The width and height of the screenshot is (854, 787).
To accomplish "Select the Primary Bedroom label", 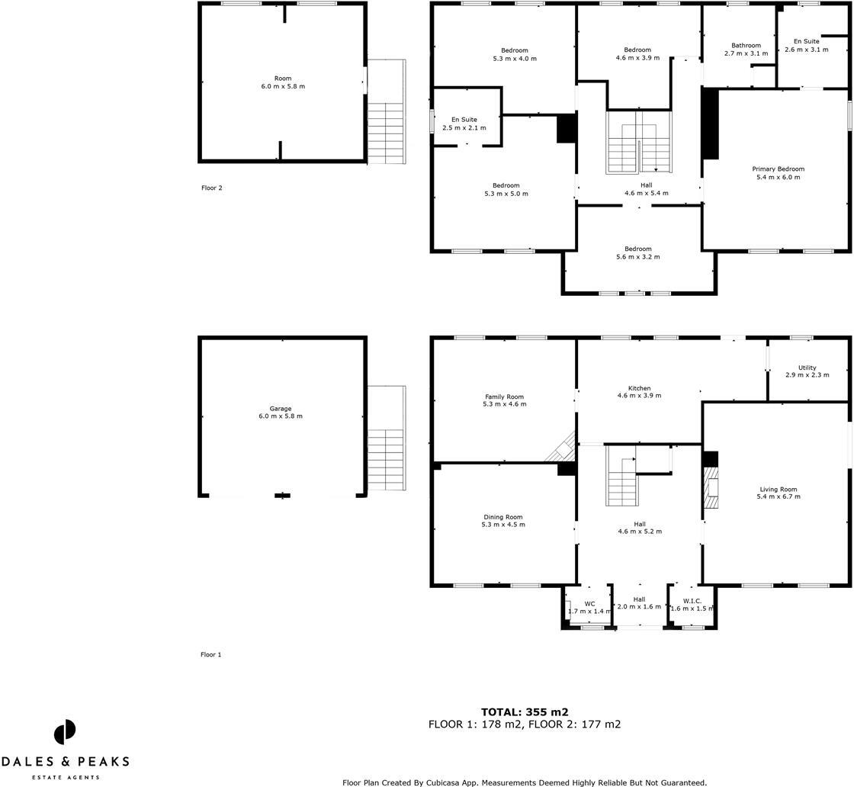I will point(778,169).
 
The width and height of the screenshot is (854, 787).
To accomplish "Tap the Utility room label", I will point(807,368).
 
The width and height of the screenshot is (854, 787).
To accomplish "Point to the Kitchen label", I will point(638,388).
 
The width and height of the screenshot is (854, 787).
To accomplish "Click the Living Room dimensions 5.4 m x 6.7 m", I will point(778,496).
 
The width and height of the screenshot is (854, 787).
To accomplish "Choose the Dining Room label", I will point(502,517).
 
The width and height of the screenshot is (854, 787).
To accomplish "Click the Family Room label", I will point(504,397).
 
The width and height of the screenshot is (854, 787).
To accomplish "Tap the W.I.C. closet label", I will point(692,601).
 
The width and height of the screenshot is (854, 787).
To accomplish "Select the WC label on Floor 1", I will point(589,603).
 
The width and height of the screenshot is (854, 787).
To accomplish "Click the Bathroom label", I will point(746,46).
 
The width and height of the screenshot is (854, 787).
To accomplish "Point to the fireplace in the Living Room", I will point(711,488).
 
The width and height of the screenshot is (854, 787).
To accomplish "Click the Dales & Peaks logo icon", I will point(65,732).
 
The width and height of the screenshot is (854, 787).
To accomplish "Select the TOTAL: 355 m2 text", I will point(524,712).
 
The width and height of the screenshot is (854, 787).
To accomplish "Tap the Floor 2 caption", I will point(211,188).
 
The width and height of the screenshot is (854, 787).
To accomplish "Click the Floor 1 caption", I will point(210,654).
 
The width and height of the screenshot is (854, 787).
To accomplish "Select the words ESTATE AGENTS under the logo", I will point(65,777).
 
